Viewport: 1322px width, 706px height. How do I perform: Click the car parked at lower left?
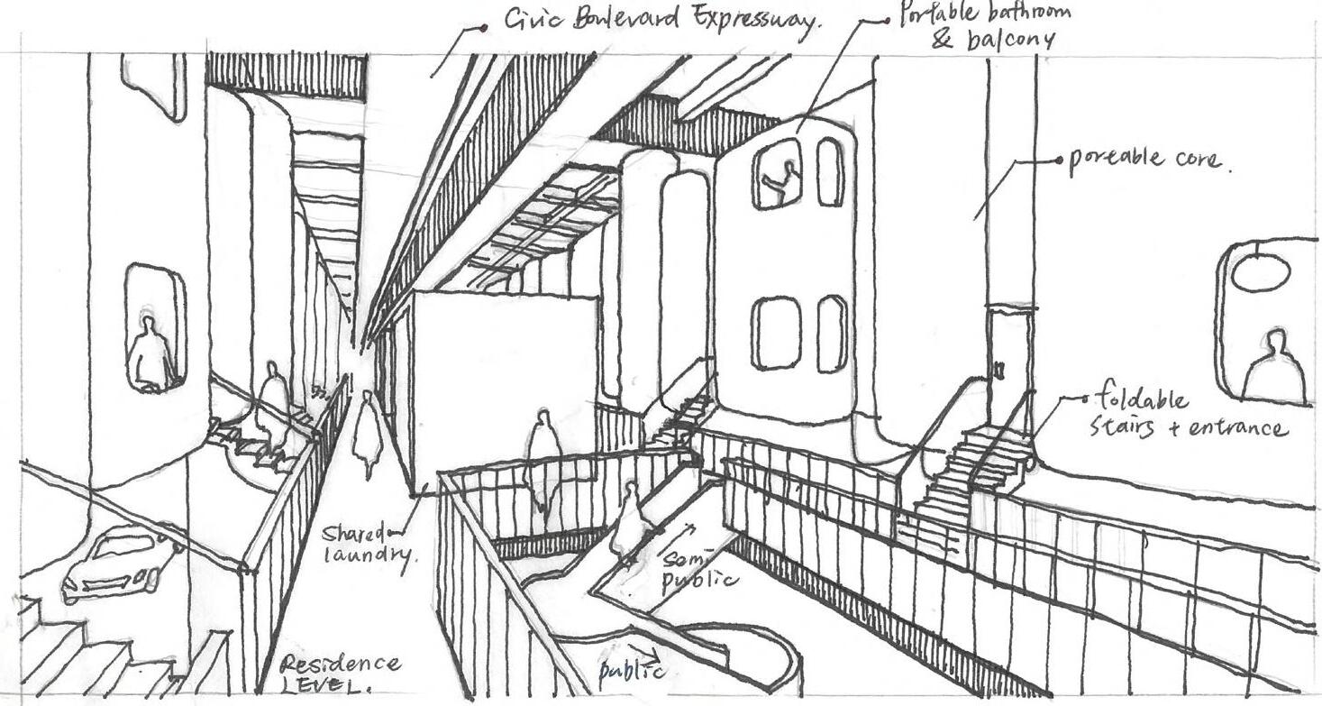(x=118, y=563)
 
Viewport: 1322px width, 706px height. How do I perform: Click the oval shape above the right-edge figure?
(x=1261, y=271)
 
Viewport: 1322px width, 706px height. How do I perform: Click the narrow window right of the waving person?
(x=830, y=171)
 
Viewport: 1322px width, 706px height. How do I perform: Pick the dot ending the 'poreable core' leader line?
(x=1059, y=160)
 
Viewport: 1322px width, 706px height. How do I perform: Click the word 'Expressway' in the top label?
(x=760, y=22)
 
